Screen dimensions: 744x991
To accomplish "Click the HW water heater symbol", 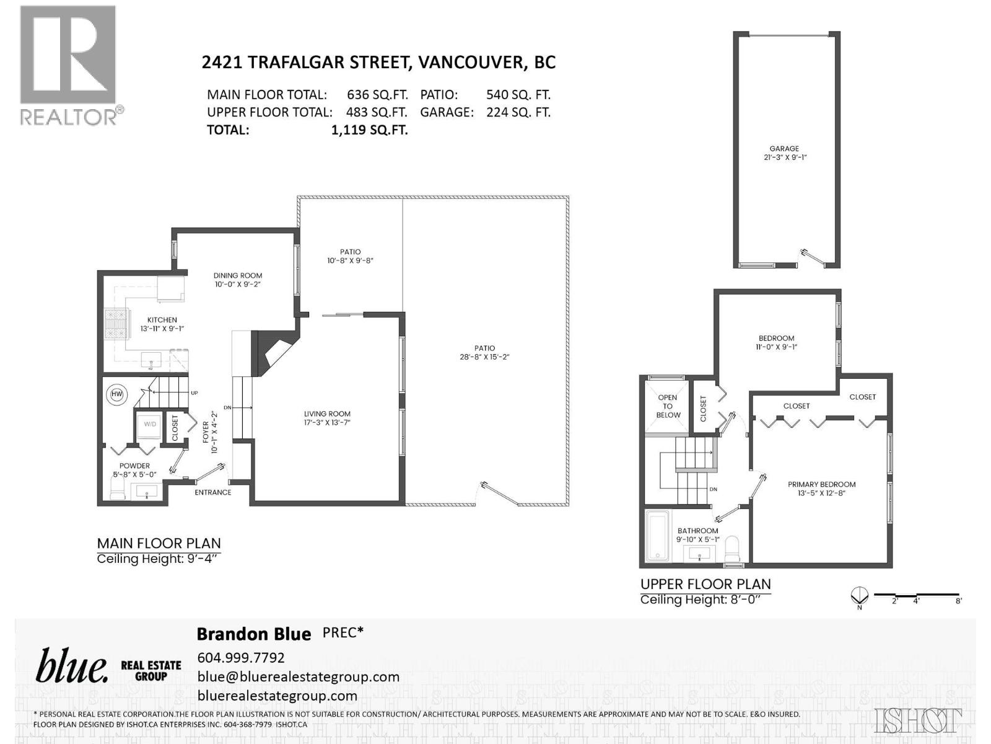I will point(116,394).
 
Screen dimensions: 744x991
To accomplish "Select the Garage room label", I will point(784,149).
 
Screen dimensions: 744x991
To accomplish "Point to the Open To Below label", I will point(668,406).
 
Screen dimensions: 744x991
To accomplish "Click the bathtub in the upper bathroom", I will point(657,536).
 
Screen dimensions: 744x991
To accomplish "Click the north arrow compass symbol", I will point(859,596).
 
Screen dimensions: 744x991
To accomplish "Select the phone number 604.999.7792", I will point(241,657).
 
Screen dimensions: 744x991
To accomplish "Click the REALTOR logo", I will point(68,65).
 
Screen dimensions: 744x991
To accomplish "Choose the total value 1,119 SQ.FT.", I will point(370,130).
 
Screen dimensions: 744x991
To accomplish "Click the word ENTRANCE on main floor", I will point(213,492).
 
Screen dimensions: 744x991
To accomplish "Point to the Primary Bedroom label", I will point(821,484).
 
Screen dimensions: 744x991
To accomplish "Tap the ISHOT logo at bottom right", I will point(918,720).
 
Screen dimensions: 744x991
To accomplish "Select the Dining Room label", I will point(238,275).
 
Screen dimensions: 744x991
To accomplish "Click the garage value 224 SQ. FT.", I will point(518,112).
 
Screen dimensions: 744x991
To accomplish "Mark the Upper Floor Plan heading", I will point(705,584).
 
